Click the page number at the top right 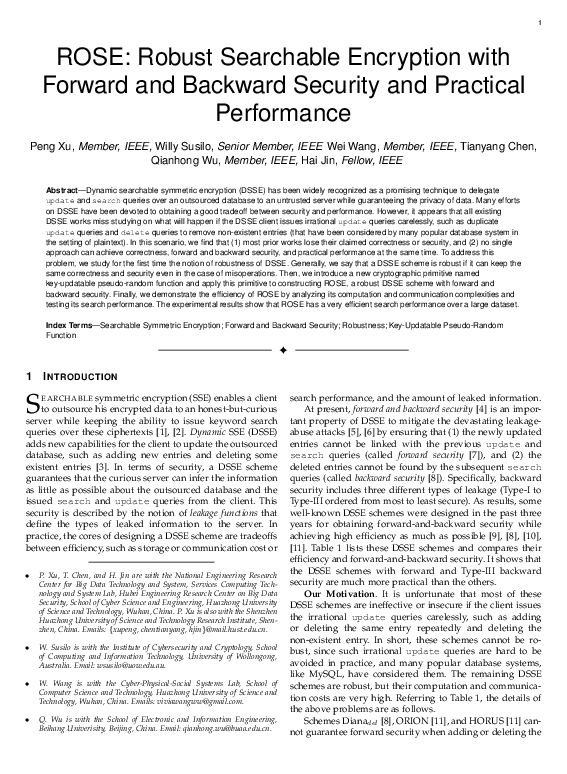pyautogui.click(x=539, y=23)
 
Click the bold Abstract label pyautogui.click(x=64, y=189)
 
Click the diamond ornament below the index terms pyautogui.click(x=283, y=351)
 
